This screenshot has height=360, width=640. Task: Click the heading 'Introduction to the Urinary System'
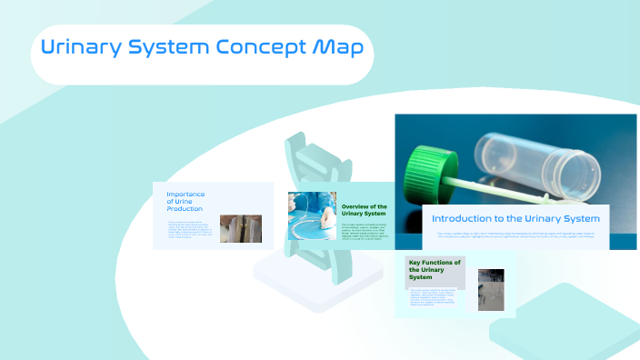515,219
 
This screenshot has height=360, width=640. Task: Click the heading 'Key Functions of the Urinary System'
435,270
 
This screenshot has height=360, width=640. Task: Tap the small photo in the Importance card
241,228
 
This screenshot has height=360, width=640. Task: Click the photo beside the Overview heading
312,216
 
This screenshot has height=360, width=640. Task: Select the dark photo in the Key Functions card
491,290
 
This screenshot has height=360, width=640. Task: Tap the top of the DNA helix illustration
295,145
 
